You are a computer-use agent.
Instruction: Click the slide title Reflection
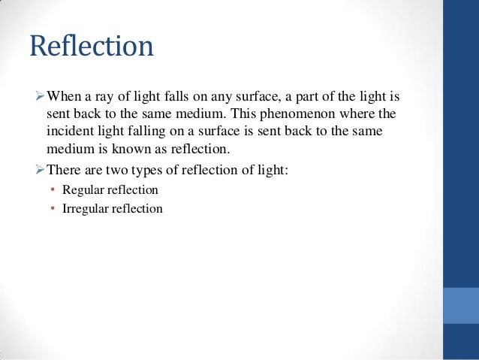pos(92,47)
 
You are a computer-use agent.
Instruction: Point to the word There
pos(65,171)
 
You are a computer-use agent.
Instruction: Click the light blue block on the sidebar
pos(461,305)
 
